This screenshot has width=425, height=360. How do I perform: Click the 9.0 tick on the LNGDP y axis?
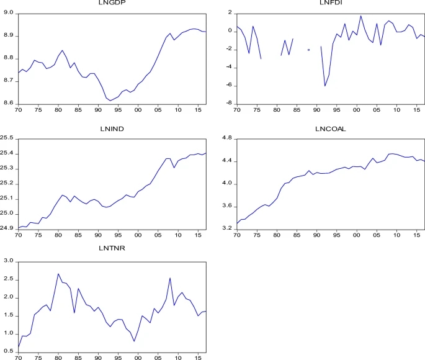click(9, 12)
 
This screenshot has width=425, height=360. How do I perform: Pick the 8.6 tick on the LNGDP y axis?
click(9, 104)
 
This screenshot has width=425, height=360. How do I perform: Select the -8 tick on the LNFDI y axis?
click(229, 104)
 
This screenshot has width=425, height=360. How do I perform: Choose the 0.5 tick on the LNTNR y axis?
click(9, 353)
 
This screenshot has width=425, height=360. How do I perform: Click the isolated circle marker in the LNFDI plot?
click(308, 50)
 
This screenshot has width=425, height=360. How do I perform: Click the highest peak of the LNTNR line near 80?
click(58, 274)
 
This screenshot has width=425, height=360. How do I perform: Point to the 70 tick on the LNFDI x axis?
click(236, 110)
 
